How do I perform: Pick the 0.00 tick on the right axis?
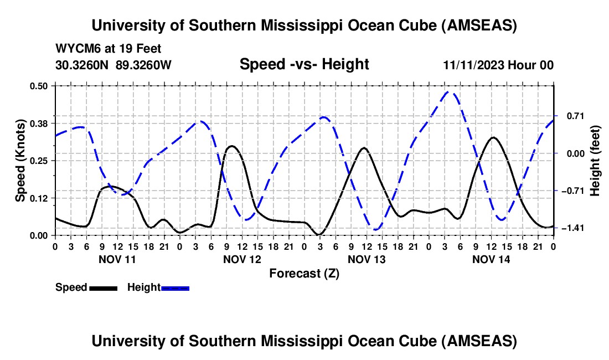pyautogui.click(x=571, y=153)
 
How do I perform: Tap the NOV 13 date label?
pyautogui.click(x=366, y=259)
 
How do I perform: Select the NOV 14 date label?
pyautogui.click(x=491, y=259)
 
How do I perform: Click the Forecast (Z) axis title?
pyautogui.click(x=304, y=273)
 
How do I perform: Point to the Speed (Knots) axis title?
pyautogui.click(x=20, y=161)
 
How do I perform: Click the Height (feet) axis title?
pyautogui.click(x=595, y=161)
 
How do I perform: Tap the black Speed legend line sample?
pyautogui.click(x=102, y=287)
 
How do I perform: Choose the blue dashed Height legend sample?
pyautogui.click(x=175, y=287)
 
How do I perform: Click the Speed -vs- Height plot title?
pyautogui.click(x=304, y=64)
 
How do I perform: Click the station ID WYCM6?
pyautogui.click(x=74, y=49)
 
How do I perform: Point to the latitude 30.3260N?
pyautogui.click(x=82, y=65)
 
